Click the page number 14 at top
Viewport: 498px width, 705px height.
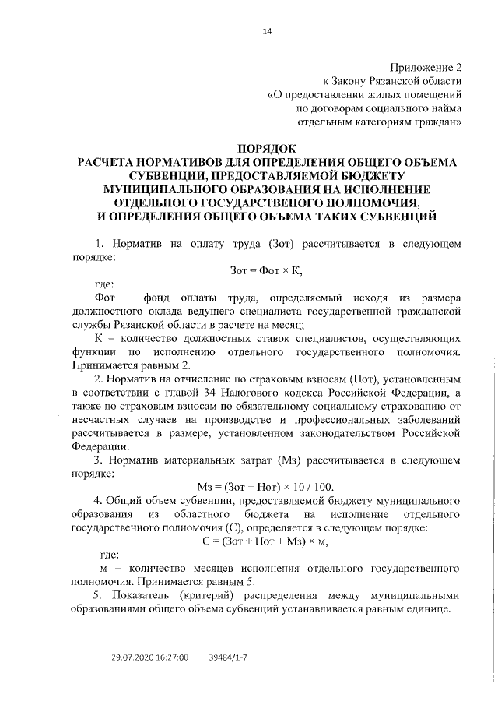pos(267,30)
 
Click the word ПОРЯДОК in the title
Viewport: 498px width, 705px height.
pos(267,147)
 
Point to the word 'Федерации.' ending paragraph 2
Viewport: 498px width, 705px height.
pos(102,447)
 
